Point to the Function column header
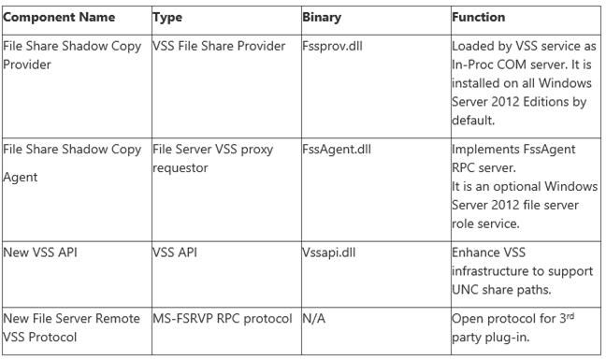(478, 17)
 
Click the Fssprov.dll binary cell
(334, 47)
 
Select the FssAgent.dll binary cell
(339, 147)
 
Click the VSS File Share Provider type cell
(218, 47)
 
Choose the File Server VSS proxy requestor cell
(216, 155)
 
